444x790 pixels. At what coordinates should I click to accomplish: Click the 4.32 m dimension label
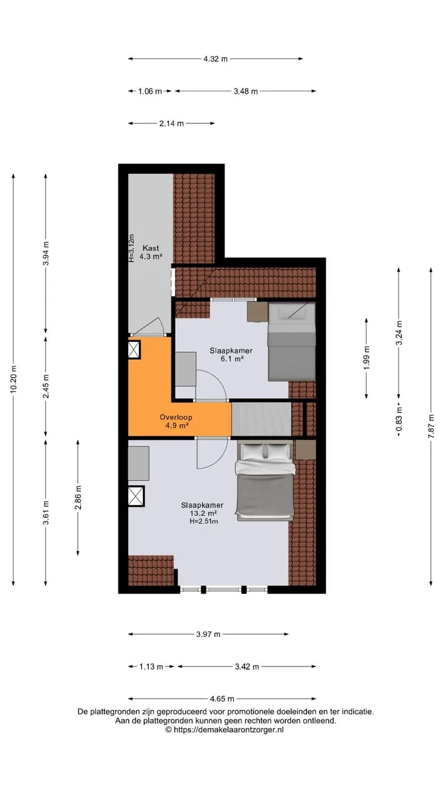(x=215, y=59)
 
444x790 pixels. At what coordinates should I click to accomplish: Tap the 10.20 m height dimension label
(x=14, y=379)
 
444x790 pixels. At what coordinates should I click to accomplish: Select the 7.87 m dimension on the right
(x=430, y=426)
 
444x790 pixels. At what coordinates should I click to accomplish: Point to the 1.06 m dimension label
(x=150, y=91)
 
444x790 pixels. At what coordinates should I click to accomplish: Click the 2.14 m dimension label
(x=171, y=123)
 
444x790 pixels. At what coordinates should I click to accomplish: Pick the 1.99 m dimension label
(x=366, y=358)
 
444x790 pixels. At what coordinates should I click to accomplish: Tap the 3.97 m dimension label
(x=208, y=634)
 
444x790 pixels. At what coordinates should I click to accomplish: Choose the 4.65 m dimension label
(x=222, y=699)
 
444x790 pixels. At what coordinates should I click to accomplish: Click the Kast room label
(x=150, y=248)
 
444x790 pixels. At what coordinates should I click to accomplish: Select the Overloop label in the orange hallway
(x=176, y=417)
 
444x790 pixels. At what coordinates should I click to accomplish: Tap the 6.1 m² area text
(x=231, y=359)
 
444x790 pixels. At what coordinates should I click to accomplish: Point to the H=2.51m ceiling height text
(x=203, y=522)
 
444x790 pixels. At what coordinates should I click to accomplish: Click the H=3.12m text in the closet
(x=131, y=248)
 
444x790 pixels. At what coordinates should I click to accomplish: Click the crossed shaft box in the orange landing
(x=134, y=349)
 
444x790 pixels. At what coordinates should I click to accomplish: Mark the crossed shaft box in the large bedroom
(x=136, y=496)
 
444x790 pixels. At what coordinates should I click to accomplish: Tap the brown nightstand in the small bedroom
(x=257, y=312)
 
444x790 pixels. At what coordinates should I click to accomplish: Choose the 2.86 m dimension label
(x=78, y=497)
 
